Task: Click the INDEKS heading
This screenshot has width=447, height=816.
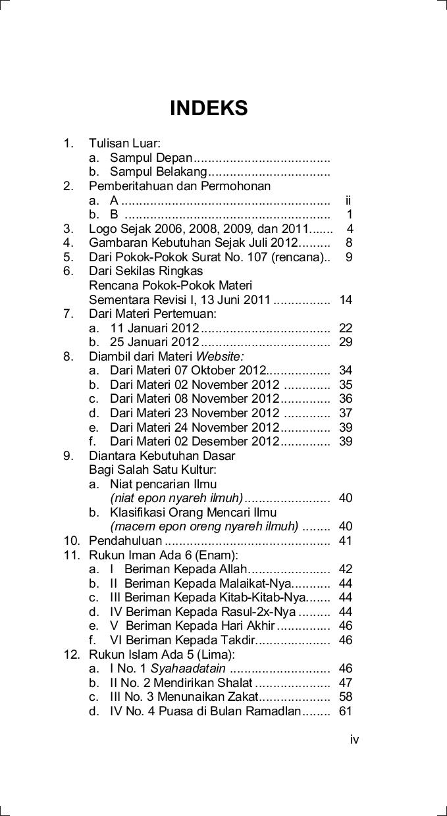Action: (x=209, y=109)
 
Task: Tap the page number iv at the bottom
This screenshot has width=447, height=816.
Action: (x=355, y=740)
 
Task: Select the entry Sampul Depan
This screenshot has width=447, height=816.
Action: (x=151, y=158)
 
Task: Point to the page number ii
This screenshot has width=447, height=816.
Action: (x=348, y=201)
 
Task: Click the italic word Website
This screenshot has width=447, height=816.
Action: (x=220, y=357)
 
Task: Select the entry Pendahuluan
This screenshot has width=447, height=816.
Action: (x=125, y=541)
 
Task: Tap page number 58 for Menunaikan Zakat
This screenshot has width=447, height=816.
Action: (x=346, y=697)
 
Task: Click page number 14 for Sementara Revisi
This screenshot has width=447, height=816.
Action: (x=346, y=300)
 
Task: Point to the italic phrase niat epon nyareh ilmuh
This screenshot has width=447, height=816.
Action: (x=176, y=498)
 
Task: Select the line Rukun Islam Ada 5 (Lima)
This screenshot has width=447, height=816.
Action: (x=161, y=655)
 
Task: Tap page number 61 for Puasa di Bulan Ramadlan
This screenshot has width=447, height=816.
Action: (x=346, y=711)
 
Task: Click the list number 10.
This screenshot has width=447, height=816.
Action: (x=71, y=541)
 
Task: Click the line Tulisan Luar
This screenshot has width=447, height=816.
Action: (x=124, y=143)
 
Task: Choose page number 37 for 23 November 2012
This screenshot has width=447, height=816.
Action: (x=346, y=413)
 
